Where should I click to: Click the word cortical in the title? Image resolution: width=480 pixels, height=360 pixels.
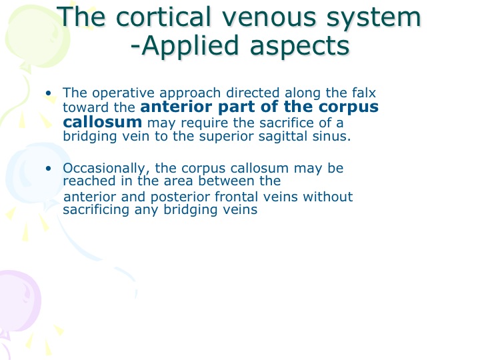click(x=164, y=17)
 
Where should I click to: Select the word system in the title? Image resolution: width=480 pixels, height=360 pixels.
click(x=373, y=19)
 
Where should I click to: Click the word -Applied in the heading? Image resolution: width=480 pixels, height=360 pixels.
click(x=185, y=45)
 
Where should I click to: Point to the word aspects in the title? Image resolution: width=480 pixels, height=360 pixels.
click(x=300, y=47)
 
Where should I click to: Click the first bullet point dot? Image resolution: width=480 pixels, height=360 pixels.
click(x=49, y=93)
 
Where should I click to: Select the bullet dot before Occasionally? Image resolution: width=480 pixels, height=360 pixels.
click(x=49, y=169)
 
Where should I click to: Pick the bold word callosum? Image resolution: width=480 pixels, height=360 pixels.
click(x=103, y=122)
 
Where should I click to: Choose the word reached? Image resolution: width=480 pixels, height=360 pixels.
click(x=89, y=181)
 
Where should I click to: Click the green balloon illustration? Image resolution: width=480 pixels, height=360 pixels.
click(x=37, y=37)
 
